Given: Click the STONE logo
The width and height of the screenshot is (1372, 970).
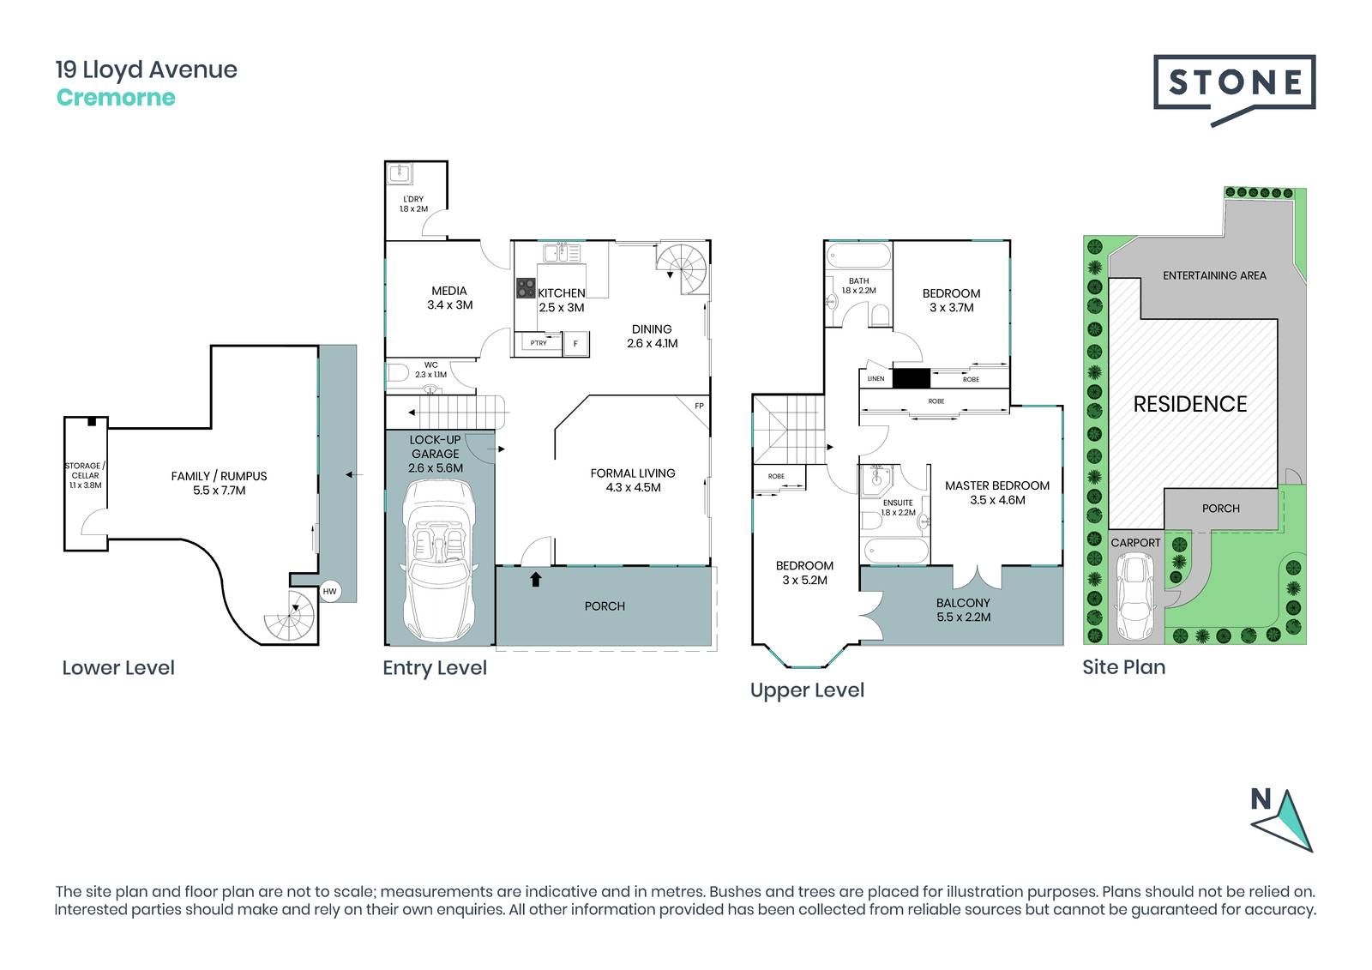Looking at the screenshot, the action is click(x=1234, y=90).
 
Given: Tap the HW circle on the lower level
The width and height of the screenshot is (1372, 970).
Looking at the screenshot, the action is click(x=329, y=591).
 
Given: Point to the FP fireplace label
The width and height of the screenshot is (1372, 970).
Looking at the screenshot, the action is click(x=699, y=406).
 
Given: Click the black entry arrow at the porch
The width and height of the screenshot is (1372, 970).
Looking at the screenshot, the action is click(x=536, y=579).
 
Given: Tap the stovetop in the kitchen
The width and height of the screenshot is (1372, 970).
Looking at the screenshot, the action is click(x=526, y=288).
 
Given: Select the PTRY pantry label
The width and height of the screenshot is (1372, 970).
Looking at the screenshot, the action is click(x=539, y=342).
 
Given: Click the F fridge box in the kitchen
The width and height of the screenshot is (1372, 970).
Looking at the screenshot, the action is click(x=575, y=344).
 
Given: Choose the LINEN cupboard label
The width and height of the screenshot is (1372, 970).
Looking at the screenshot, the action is click(x=876, y=379).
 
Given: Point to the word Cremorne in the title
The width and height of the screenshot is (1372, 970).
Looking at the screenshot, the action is click(x=116, y=98).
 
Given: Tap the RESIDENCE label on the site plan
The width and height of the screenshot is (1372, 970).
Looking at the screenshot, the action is click(x=1190, y=404).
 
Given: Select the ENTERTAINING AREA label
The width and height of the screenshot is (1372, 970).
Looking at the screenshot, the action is click(x=1214, y=276).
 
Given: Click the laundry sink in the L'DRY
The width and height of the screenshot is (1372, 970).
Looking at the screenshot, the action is click(x=400, y=173).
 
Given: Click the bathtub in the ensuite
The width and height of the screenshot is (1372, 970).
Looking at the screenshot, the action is click(x=895, y=551).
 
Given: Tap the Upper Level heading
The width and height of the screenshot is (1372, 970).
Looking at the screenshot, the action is click(x=807, y=690).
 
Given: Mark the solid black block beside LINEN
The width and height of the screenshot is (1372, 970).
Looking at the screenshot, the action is click(x=912, y=378).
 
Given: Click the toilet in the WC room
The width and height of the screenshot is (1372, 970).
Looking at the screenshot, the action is click(x=398, y=372).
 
